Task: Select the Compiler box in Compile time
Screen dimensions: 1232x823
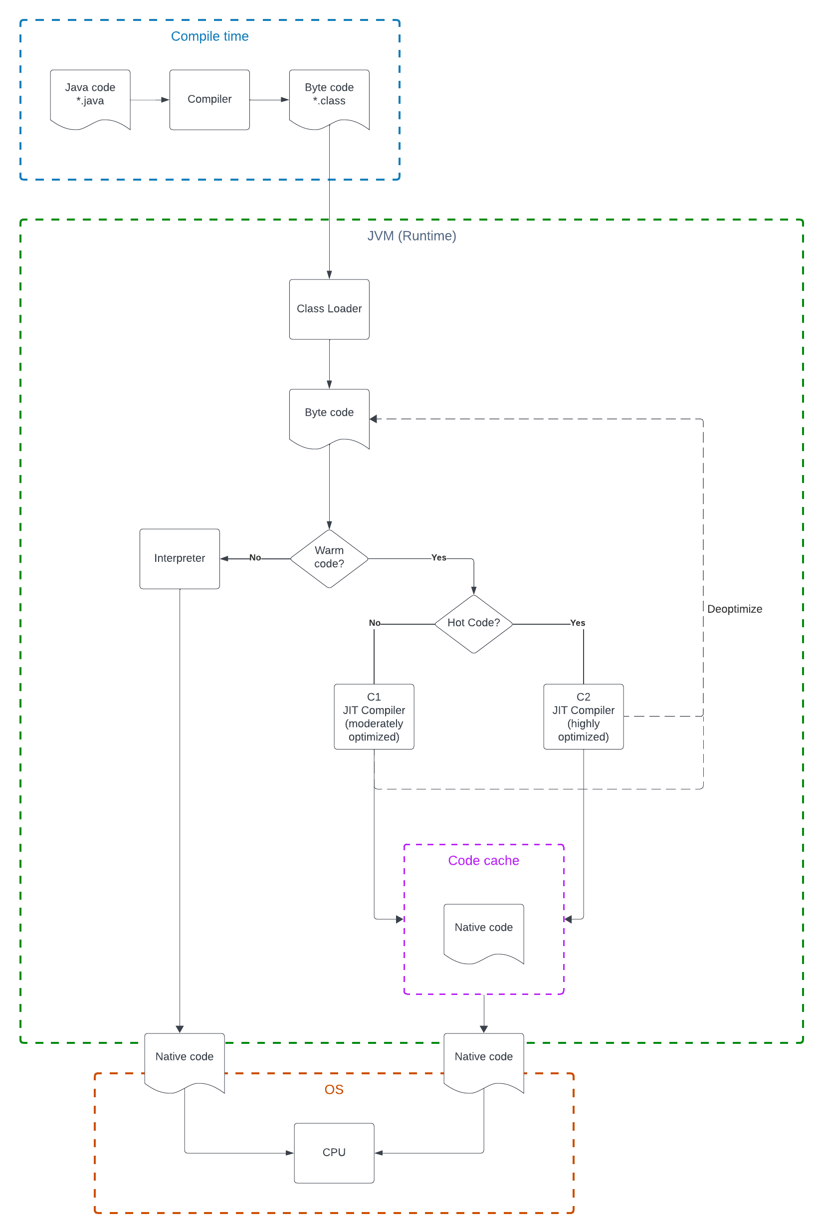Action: click(x=209, y=99)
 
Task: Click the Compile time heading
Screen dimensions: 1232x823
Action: click(x=209, y=36)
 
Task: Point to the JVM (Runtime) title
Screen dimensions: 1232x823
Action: click(x=411, y=236)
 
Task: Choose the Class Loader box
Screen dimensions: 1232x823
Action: click(x=329, y=309)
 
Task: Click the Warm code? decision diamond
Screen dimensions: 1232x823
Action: click(x=329, y=558)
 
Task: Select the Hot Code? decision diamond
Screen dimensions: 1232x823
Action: click(x=473, y=623)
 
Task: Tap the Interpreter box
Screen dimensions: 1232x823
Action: click(x=180, y=558)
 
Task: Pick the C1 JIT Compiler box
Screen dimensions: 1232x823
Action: click(x=374, y=716)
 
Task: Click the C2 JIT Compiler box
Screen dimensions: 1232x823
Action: click(x=583, y=716)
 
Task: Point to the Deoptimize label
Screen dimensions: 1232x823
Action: click(x=734, y=609)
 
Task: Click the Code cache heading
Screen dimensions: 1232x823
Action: click(x=483, y=860)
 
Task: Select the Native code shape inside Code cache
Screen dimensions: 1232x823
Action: click(x=483, y=931)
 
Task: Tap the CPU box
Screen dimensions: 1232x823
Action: click(x=334, y=1152)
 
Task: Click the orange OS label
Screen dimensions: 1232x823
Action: click(x=334, y=1089)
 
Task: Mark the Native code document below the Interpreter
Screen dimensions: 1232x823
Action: click(x=184, y=1060)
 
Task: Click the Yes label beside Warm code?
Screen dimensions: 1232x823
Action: click(x=439, y=557)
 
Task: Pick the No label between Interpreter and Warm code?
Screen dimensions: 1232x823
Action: click(x=255, y=557)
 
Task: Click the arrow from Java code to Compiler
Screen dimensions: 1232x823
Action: click(x=150, y=100)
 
